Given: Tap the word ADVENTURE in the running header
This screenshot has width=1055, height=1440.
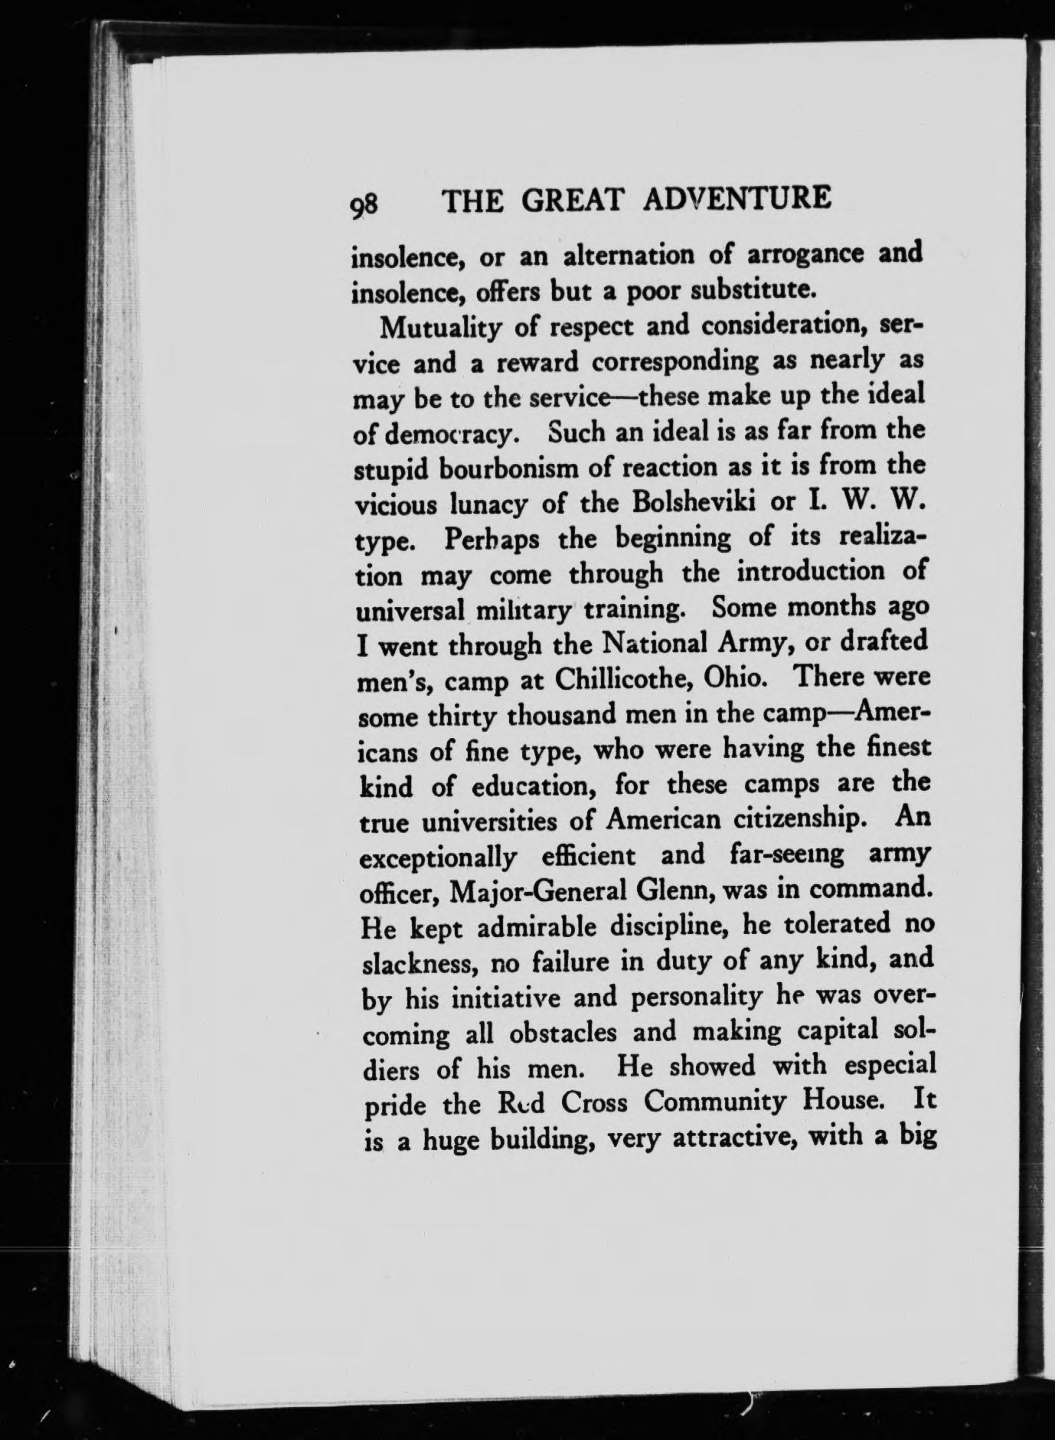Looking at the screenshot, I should click(738, 200).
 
